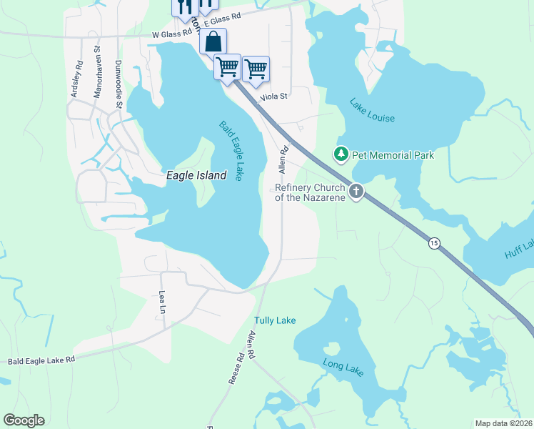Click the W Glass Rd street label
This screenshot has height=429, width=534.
(172, 33)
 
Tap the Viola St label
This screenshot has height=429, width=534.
(273, 96)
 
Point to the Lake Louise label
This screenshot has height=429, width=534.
(372, 109)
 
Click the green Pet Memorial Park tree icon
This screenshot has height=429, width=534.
(341, 154)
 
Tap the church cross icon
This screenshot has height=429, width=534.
(356, 191)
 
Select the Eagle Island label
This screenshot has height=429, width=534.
(196, 175)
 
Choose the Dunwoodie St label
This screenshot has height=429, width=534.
(120, 84)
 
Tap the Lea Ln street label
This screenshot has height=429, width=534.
(162, 302)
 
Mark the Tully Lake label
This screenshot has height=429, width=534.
(275, 320)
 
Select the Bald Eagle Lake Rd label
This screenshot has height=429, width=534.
(41, 361)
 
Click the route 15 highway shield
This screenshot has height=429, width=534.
(433, 243)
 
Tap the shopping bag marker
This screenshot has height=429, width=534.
(213, 41)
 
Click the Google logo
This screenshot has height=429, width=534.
(24, 420)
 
